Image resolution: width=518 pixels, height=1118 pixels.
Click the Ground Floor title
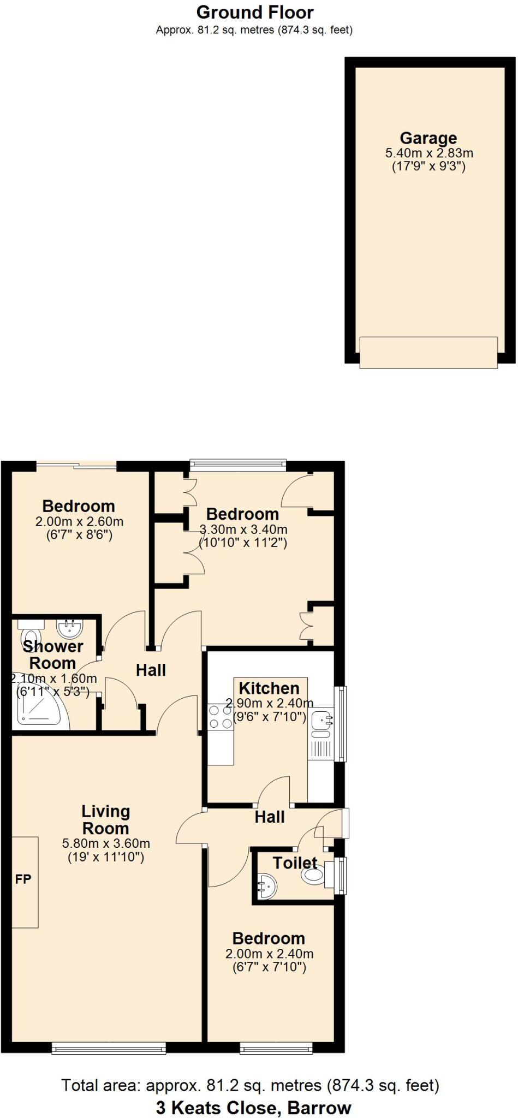[255, 12]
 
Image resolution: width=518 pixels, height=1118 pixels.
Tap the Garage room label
[428, 138]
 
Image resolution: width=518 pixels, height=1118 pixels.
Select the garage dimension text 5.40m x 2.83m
[429, 153]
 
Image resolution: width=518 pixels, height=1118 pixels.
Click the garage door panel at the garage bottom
[428, 352]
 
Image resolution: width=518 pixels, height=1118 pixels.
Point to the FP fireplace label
[23, 879]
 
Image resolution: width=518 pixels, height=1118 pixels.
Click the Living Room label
[105, 820]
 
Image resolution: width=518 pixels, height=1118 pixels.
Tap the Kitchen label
[269, 688]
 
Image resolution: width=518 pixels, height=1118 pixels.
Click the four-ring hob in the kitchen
[220, 717]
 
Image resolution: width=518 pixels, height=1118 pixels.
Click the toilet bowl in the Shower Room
[31, 637]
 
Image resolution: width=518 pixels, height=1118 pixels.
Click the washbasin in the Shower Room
[69, 628]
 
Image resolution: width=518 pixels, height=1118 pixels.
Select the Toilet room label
[295, 863]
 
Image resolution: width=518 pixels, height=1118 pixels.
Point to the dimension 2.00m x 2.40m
[269, 954]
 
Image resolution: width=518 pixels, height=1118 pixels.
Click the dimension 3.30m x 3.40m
[243, 529]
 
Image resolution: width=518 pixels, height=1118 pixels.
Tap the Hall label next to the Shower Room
[151, 670]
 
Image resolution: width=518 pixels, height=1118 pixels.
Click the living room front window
[109, 1048]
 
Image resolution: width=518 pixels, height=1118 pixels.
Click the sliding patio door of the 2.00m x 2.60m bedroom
[77, 465]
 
